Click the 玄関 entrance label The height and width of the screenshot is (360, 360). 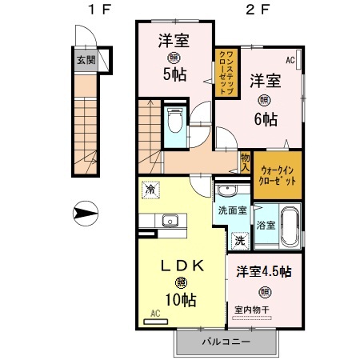coord(83,58)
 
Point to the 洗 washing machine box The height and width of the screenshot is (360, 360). coord(239,239)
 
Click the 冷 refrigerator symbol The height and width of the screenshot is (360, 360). coord(150,190)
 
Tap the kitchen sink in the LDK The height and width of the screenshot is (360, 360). coord(169,221)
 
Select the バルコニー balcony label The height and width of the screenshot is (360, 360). coord(225,342)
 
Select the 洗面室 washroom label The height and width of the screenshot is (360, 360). coord(233,211)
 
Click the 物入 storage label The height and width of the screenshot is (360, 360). coord(245,163)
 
